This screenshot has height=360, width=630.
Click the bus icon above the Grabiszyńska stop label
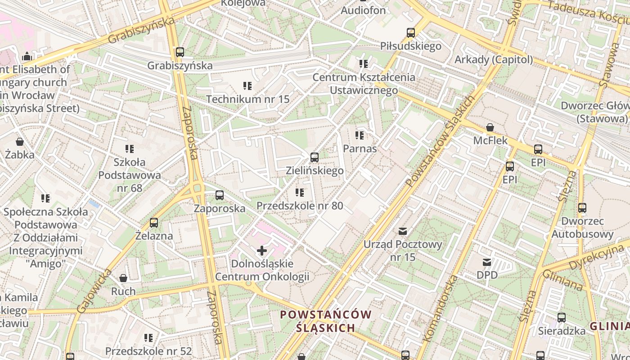point(180,52)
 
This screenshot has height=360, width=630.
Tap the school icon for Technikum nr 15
point(247,85)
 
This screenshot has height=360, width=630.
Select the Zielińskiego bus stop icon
point(315,157)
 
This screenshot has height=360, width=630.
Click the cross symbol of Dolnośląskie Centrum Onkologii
point(262,250)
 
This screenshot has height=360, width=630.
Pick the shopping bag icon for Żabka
point(20,142)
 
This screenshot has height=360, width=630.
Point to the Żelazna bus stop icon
point(154,223)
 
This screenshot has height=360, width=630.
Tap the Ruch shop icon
point(123,278)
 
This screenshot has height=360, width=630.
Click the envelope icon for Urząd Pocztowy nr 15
point(403,231)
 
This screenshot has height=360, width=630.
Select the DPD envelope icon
point(487,262)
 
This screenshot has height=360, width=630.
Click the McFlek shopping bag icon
point(490,128)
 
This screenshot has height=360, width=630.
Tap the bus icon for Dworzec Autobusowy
point(582,208)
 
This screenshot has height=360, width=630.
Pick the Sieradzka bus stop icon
point(562,318)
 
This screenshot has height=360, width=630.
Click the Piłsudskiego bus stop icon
point(410,33)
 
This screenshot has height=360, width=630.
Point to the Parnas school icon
point(360,135)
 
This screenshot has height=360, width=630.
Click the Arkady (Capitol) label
point(494,59)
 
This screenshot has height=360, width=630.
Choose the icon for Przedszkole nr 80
point(300,193)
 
